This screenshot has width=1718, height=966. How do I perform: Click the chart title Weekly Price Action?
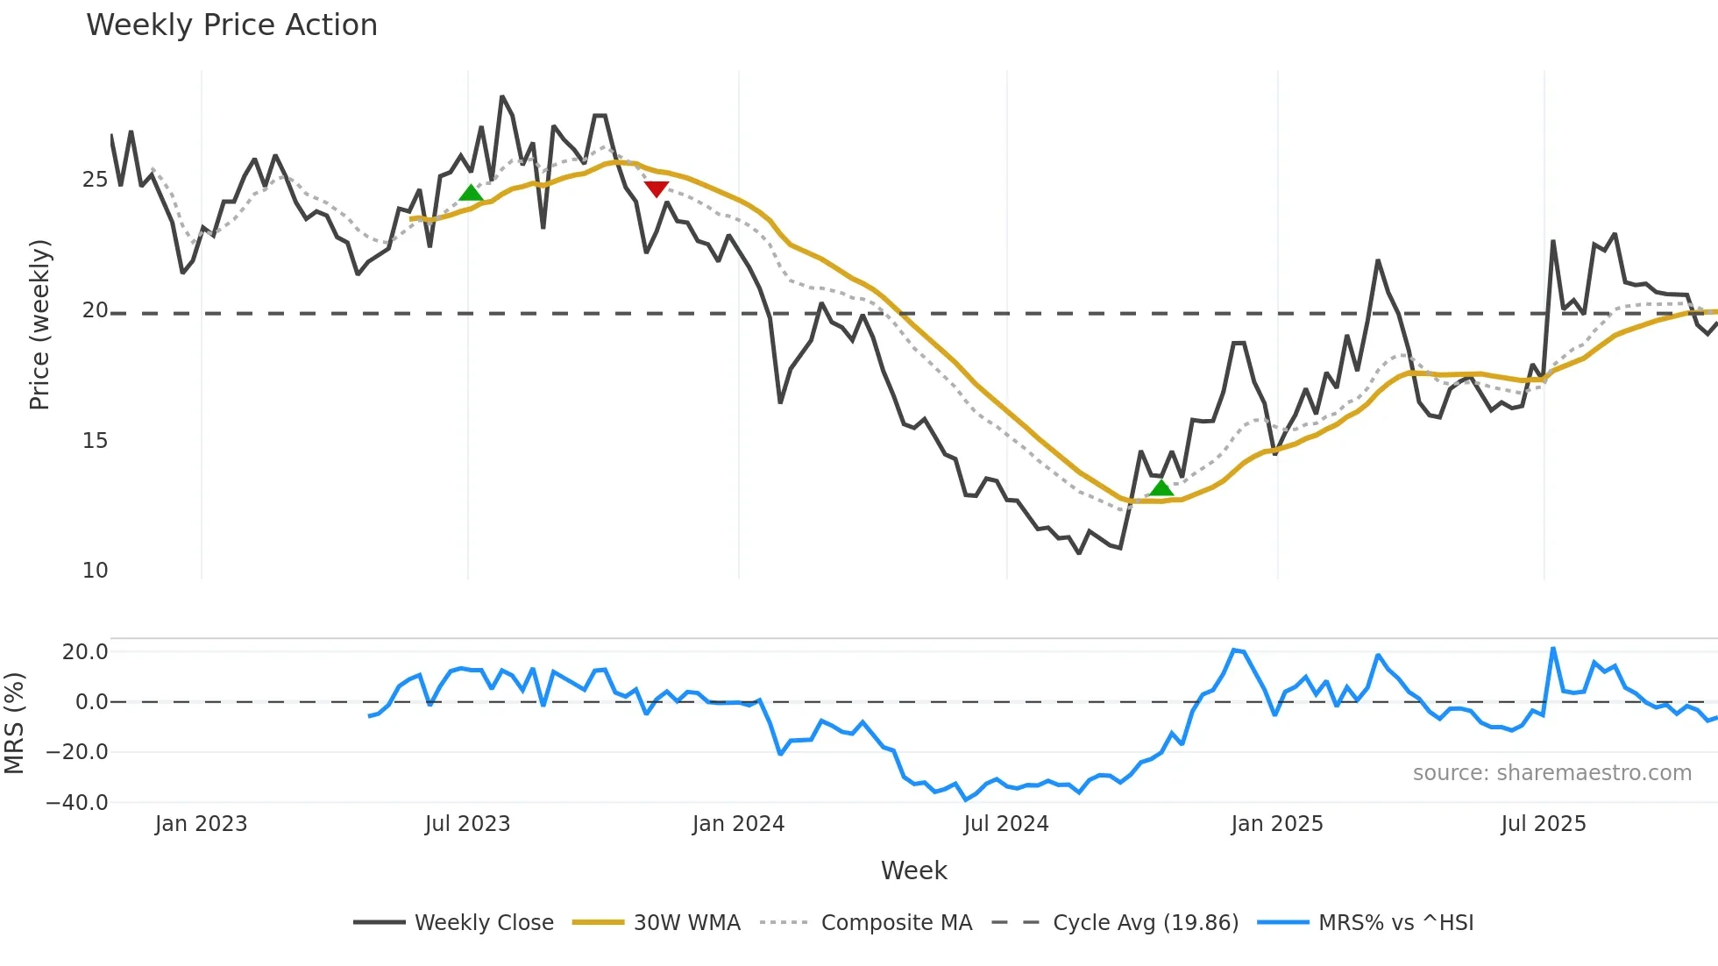[x=231, y=25]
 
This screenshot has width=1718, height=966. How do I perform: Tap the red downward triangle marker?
[x=657, y=188]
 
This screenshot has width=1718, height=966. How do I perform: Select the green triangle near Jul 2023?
[x=471, y=194]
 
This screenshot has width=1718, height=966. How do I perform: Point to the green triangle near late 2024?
[x=1161, y=488]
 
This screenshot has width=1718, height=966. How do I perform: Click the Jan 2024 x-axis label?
[x=738, y=824]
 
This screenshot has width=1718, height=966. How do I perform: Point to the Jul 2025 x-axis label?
[x=1544, y=824]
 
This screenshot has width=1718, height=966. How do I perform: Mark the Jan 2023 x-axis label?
[x=201, y=824]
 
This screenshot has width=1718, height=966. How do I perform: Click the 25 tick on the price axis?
[x=95, y=180]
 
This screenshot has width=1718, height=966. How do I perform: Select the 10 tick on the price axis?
[x=95, y=571]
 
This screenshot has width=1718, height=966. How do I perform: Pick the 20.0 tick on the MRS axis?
[x=85, y=651]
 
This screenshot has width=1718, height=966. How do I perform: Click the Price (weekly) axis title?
[x=39, y=324]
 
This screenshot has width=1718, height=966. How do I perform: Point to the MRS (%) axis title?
[x=14, y=723]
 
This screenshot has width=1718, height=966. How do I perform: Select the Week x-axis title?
[x=913, y=870]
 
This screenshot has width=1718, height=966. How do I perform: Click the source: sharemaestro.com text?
[x=1551, y=773]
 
